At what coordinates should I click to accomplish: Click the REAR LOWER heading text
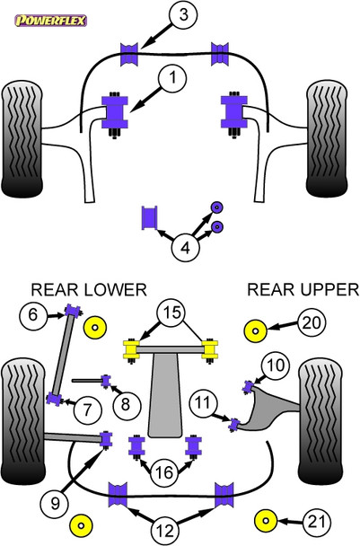point(88,289)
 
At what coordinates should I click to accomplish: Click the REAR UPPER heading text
point(303,289)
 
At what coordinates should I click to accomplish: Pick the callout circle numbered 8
point(125,404)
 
